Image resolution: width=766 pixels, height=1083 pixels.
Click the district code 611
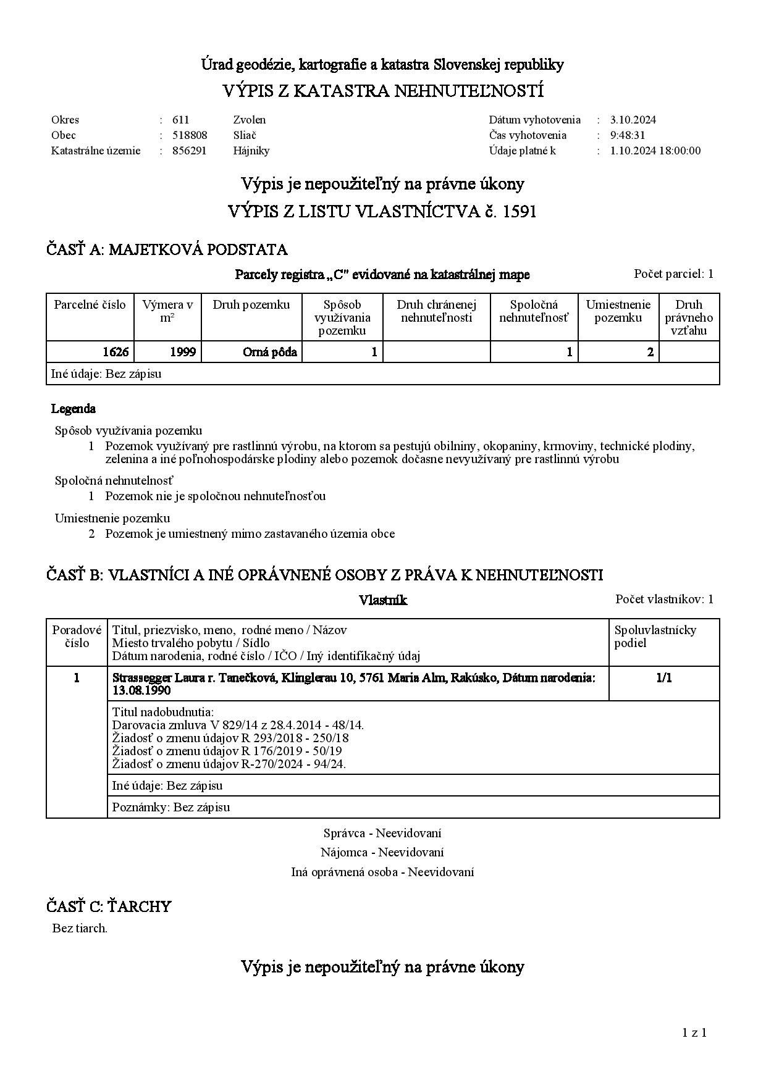coord(180,120)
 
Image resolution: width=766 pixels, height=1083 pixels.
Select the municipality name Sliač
coord(245,135)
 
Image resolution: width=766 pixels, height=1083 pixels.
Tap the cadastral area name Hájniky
coord(251,151)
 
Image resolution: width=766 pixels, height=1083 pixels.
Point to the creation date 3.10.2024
coord(633,120)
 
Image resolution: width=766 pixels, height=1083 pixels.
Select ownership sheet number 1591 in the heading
coord(520,212)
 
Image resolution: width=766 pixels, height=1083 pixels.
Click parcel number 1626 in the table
coord(116,352)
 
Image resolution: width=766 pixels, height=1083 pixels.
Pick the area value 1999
coord(183,352)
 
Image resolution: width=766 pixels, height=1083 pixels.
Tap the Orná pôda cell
coord(269,352)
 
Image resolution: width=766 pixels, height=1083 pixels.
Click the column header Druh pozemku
coord(251,304)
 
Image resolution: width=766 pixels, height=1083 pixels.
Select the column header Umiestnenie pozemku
coord(618,311)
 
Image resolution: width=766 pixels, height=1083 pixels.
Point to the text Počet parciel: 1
coord(673,274)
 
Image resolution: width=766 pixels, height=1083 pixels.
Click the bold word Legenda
coord(73,409)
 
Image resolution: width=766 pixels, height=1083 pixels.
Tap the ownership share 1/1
coord(663,678)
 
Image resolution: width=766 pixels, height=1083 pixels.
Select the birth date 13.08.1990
coord(141,691)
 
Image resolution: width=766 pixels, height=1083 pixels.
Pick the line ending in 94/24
coord(229,764)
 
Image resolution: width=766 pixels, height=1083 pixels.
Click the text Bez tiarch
coord(80,928)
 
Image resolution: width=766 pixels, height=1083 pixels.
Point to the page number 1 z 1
coord(694,1032)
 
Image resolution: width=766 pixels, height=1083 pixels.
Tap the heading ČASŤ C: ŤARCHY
coord(108,906)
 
